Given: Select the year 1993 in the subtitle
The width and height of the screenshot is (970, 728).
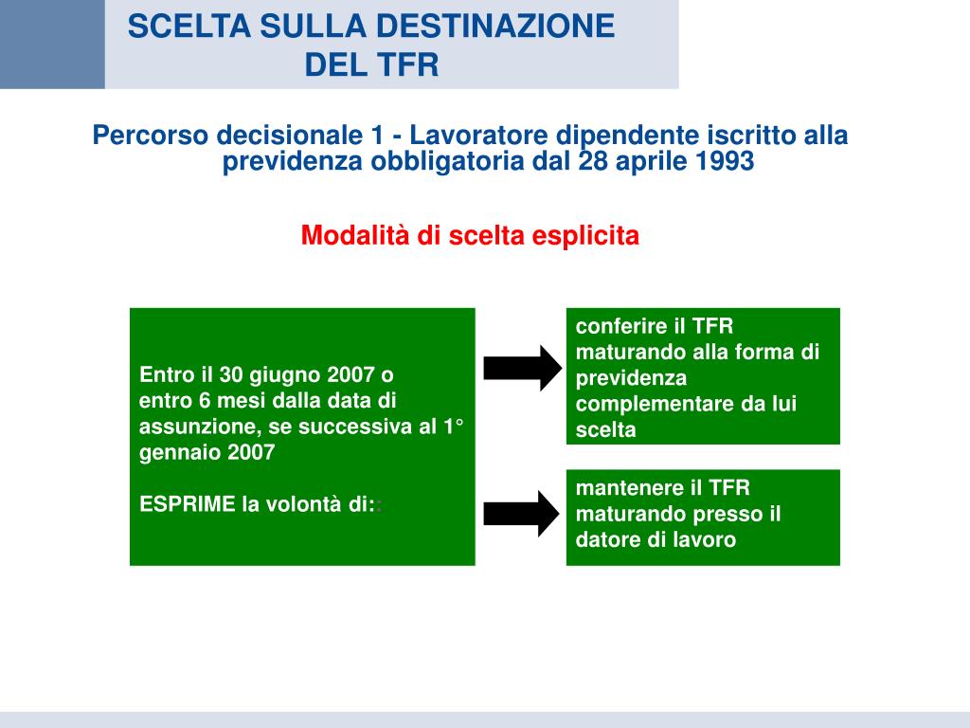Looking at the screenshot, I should pos(725,161).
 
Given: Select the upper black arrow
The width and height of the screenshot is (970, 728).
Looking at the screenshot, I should pos(522,368).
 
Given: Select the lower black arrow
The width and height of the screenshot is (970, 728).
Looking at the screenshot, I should pos(522,514).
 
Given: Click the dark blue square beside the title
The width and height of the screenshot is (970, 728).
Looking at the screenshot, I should pos(52,45).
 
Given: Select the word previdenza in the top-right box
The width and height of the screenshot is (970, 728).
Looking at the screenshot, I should pos(631,378).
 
